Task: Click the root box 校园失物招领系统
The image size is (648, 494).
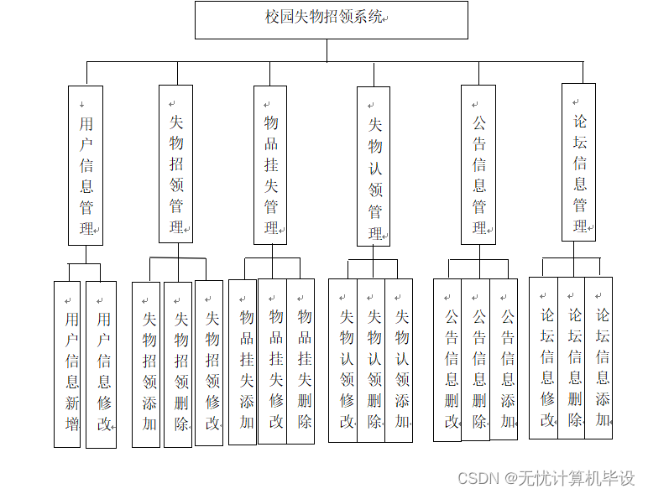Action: [x=331, y=19]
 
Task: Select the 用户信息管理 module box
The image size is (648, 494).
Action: [x=86, y=165]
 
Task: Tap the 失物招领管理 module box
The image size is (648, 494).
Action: [x=175, y=164]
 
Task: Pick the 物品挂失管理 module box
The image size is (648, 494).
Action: [x=270, y=164]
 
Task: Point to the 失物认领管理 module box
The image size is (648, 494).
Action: [x=374, y=166]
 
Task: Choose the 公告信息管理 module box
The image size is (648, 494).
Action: [x=478, y=164]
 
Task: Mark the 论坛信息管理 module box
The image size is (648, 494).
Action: [x=578, y=163]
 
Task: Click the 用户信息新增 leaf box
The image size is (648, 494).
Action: [x=67, y=364]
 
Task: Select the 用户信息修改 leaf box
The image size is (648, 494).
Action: [x=101, y=364]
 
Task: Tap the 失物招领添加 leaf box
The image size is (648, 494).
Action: [x=146, y=364]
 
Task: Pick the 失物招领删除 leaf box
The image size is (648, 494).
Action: [x=178, y=364]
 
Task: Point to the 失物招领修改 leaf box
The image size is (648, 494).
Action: [x=209, y=362]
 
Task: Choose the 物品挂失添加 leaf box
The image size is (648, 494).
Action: [x=243, y=361]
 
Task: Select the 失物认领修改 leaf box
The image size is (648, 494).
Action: [x=342, y=360]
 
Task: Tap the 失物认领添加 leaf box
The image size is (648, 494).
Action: [x=399, y=360]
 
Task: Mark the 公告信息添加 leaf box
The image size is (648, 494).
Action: [x=504, y=360]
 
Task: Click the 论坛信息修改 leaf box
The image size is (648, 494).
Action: [x=543, y=357]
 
